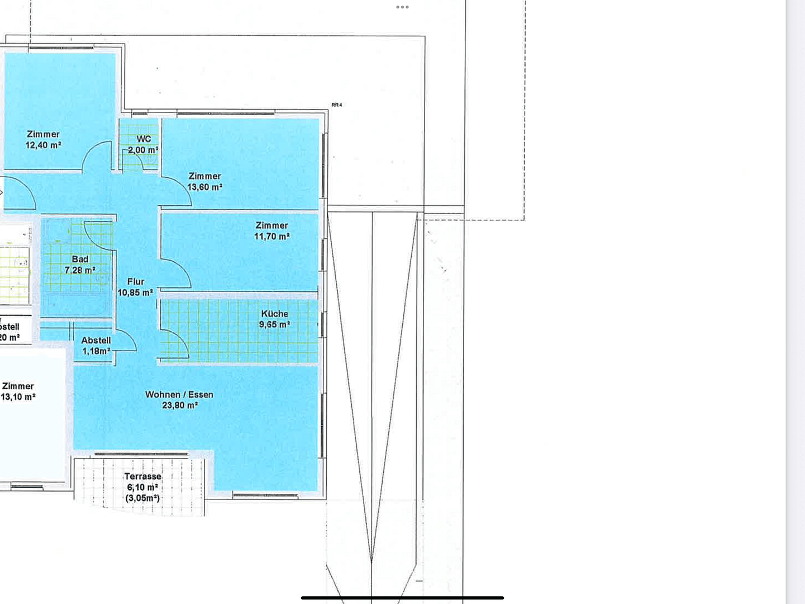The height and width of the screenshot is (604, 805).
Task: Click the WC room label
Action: (x=144, y=139)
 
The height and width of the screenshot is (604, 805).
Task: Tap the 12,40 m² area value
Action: (x=43, y=145)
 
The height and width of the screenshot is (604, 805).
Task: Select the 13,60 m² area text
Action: (x=204, y=187)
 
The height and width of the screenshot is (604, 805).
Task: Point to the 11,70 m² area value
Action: (x=271, y=237)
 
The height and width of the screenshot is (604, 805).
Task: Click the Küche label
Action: (x=274, y=314)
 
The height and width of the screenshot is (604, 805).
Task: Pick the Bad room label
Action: (x=80, y=259)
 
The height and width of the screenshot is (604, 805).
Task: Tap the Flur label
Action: (x=135, y=282)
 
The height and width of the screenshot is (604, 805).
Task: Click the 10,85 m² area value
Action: (x=135, y=292)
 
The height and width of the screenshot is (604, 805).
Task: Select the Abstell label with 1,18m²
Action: (x=96, y=340)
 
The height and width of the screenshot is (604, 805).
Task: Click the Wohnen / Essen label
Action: (x=179, y=394)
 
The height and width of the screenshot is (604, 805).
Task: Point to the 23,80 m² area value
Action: (x=180, y=405)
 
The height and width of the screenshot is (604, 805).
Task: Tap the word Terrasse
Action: (x=142, y=476)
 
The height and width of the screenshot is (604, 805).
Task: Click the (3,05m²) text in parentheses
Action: (x=142, y=498)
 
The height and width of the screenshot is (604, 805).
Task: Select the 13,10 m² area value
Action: (x=18, y=397)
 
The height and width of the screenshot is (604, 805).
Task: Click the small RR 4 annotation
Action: (x=336, y=105)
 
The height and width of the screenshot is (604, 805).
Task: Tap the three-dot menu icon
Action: (x=402, y=7)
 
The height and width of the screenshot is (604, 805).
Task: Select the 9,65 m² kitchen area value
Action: (x=274, y=324)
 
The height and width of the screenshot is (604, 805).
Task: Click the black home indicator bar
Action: (x=402, y=598)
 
